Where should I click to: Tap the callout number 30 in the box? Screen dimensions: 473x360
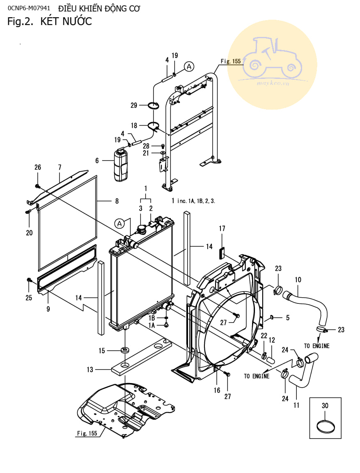325,406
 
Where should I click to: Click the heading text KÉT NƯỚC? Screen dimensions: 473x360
66,21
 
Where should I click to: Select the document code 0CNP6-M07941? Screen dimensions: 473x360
29,9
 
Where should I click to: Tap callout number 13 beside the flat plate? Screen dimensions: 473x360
90,370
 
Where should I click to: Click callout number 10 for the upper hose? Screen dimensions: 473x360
298,280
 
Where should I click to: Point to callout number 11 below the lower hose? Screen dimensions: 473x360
296,405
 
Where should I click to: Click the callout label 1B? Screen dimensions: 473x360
151,318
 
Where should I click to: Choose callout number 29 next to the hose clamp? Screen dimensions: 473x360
134,106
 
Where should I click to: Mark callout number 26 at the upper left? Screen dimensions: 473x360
38,167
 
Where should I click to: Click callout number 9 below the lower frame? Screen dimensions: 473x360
48,309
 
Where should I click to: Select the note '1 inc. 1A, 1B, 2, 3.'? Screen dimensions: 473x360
193,201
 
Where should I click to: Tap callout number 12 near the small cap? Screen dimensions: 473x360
271,340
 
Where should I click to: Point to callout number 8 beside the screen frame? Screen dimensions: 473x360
117,201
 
